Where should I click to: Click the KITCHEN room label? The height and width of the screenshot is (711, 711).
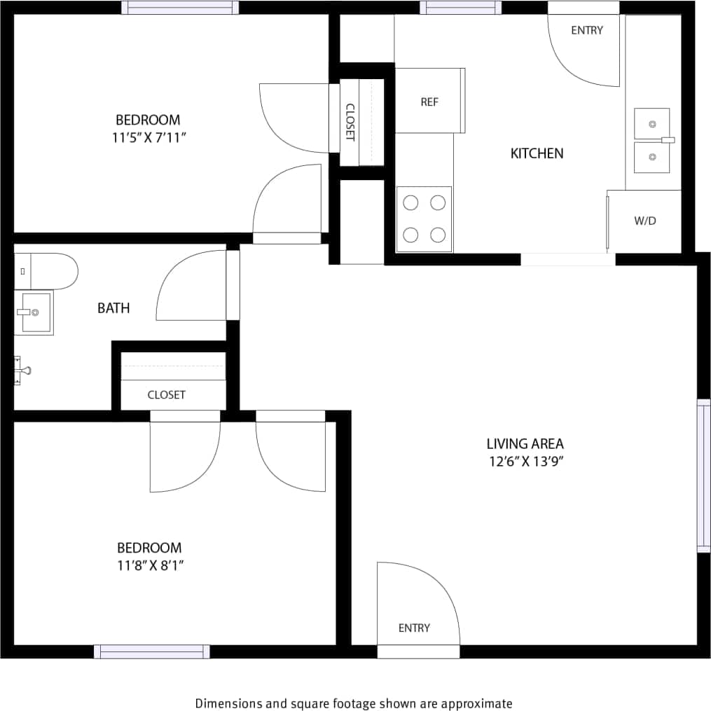(x=537, y=153)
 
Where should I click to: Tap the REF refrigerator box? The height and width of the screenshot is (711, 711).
(x=429, y=101)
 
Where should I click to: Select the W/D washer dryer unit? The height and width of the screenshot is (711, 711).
(x=644, y=221)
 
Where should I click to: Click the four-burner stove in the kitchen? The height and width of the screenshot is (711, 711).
(x=424, y=219)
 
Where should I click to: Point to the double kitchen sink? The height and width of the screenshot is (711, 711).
(x=652, y=140)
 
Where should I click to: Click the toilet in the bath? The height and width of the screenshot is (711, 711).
(x=45, y=271)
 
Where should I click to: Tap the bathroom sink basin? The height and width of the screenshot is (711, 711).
(x=34, y=312)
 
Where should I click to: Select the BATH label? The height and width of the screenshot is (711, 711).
(x=113, y=308)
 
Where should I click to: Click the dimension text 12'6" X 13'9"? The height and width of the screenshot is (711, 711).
(x=525, y=462)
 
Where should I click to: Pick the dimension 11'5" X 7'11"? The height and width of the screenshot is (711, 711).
(x=148, y=137)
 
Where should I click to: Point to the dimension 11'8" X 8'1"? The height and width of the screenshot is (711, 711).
(x=150, y=565)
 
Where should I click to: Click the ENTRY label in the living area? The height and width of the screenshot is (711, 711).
(x=414, y=628)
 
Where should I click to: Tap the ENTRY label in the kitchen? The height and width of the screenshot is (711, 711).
(x=586, y=30)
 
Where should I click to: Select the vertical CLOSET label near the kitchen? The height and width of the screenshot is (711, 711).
(x=350, y=122)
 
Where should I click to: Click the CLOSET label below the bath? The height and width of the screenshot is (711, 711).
(x=167, y=395)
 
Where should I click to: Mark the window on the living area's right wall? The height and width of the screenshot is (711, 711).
(x=703, y=476)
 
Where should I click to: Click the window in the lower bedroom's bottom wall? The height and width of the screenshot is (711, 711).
(x=152, y=651)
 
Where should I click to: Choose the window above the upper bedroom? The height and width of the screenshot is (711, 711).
(x=180, y=8)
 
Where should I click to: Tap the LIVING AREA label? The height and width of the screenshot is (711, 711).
(x=525, y=443)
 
